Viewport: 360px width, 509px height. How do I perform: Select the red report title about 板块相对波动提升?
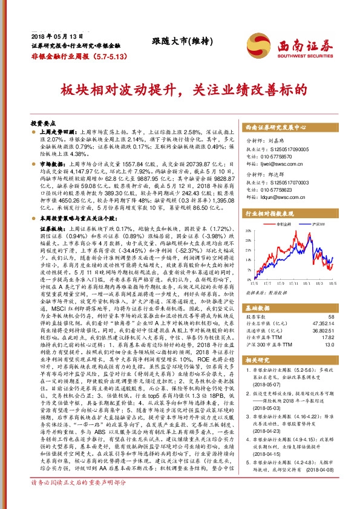[x=180, y=91]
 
